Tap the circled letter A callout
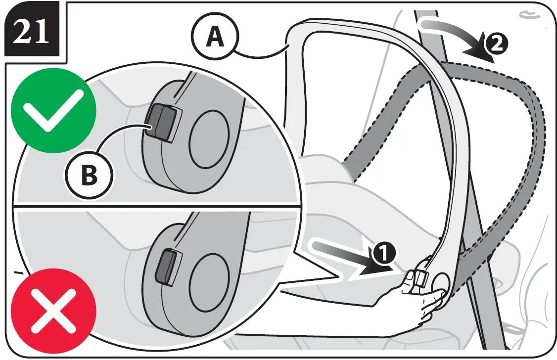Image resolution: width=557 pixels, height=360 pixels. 215,37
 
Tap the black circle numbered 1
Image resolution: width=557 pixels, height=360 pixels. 384,254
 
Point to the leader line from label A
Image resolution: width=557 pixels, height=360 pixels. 262,52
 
